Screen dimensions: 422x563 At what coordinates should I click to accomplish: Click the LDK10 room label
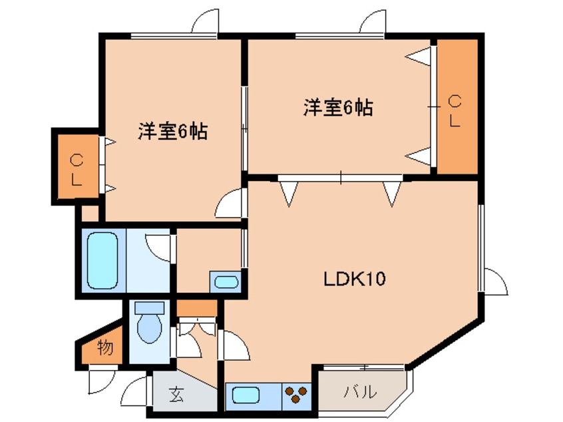(x=355, y=278)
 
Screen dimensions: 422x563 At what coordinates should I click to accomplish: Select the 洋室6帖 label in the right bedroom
(x=338, y=107)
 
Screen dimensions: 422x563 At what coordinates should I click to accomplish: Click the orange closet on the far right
(x=456, y=106)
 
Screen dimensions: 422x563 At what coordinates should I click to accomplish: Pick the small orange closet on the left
(x=77, y=168)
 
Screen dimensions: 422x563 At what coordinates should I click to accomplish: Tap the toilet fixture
(x=149, y=323)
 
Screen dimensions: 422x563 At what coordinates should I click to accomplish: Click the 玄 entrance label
(x=176, y=395)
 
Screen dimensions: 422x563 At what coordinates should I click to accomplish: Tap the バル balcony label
(x=360, y=391)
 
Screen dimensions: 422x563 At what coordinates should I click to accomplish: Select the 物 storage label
(x=104, y=347)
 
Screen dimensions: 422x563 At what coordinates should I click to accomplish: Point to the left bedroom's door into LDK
(x=233, y=202)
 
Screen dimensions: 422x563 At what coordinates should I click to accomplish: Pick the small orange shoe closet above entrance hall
(x=197, y=308)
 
